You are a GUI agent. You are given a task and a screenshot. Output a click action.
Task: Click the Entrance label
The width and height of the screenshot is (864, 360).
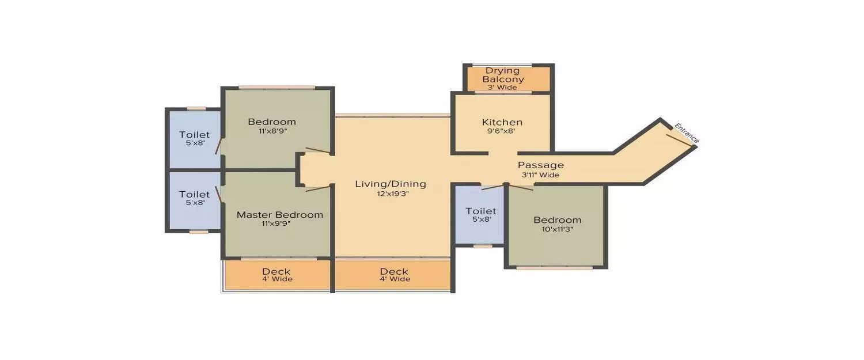(687, 134)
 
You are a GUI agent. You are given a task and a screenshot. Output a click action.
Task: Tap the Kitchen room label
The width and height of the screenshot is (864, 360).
(502, 122)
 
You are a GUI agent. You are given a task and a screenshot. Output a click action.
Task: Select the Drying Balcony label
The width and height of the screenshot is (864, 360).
(503, 75)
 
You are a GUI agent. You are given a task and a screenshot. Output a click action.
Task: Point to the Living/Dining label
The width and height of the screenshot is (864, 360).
(391, 184)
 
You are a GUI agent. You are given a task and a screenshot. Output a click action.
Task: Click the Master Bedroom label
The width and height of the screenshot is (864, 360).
(280, 215)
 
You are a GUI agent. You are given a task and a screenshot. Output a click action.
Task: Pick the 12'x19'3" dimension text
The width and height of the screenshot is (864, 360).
(391, 194)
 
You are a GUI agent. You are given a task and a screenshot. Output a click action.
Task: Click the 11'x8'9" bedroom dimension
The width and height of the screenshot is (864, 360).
(272, 131)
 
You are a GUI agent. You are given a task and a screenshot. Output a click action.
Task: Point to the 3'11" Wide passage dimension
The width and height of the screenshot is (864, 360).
(540, 175)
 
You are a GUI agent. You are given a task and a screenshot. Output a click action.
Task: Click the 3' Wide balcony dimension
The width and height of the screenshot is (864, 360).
(503, 88)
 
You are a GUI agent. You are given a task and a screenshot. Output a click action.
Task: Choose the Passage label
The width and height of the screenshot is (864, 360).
(540, 165)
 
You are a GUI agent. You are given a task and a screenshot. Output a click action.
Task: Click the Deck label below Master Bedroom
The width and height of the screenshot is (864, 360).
(276, 271)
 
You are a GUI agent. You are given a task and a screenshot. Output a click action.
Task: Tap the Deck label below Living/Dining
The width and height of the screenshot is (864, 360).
(394, 271)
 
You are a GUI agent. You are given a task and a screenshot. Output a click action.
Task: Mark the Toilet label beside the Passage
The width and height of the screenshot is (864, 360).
(480, 211)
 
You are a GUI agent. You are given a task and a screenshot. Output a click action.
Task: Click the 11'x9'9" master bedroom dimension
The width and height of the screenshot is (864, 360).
(280, 224)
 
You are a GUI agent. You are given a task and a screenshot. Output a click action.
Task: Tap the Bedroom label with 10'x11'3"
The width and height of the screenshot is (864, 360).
(557, 219)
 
